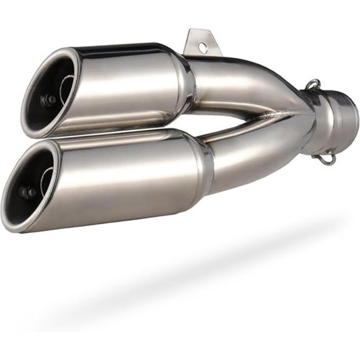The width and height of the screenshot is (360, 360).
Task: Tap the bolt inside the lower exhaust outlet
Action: pyautogui.click(x=26, y=192)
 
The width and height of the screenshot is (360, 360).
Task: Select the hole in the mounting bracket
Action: pyautogui.click(x=202, y=46)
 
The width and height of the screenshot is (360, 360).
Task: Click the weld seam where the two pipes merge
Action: pyautogui.click(x=275, y=116)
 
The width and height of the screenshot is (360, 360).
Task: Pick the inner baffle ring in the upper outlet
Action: pyautogui.click(x=66, y=88)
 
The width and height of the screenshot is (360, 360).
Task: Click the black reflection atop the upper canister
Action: pyautogui.click(x=119, y=50)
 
